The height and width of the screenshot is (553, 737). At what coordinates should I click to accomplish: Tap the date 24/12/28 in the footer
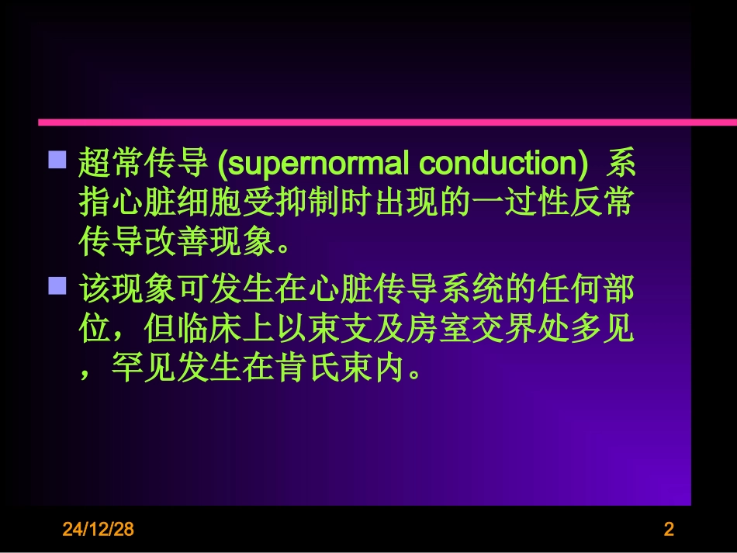coord(99,530)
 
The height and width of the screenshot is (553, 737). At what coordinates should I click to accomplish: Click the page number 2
coord(669,530)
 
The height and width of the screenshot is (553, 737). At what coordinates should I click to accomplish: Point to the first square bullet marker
coord(57,161)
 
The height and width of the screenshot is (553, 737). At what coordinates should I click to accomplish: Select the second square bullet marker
coord(57,287)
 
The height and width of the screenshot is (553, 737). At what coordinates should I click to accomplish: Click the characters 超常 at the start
coord(111,165)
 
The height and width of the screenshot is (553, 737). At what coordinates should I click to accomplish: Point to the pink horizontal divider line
coord(388,122)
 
